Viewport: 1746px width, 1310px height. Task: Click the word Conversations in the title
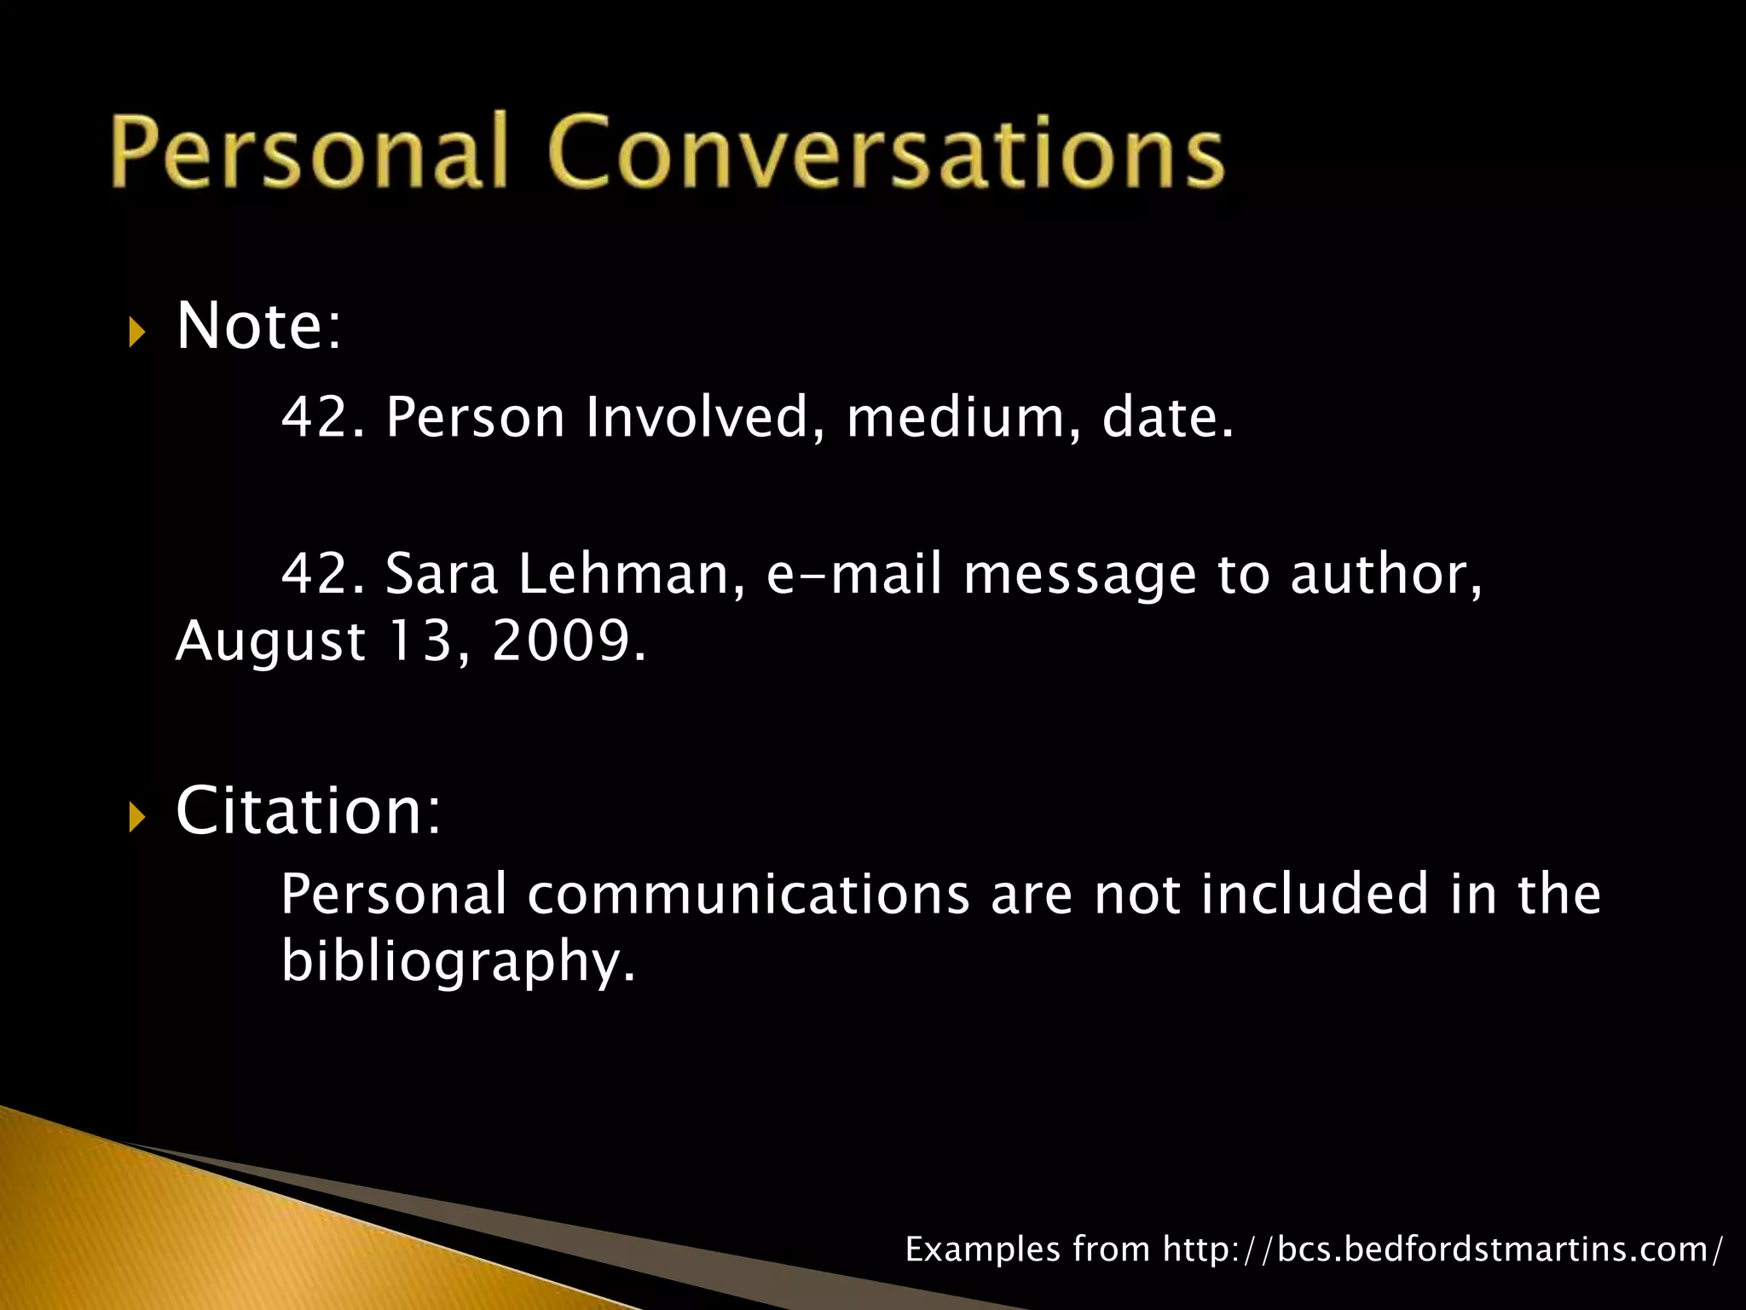[x=887, y=151]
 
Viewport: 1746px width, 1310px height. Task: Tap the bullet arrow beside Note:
[x=136, y=331]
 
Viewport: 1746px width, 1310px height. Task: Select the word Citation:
[x=308, y=810]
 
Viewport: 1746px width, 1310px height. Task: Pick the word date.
[x=1167, y=418]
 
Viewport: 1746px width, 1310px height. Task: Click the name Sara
[x=441, y=574]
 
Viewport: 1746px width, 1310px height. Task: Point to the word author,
[x=1386, y=574]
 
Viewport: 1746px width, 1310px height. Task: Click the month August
[x=270, y=642]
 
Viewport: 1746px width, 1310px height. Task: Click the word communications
[x=748, y=895]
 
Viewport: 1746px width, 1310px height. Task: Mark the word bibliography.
[x=458, y=962]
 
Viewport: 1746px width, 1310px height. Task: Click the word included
[x=1314, y=895]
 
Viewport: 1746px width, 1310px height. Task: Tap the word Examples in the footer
[x=982, y=1249]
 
